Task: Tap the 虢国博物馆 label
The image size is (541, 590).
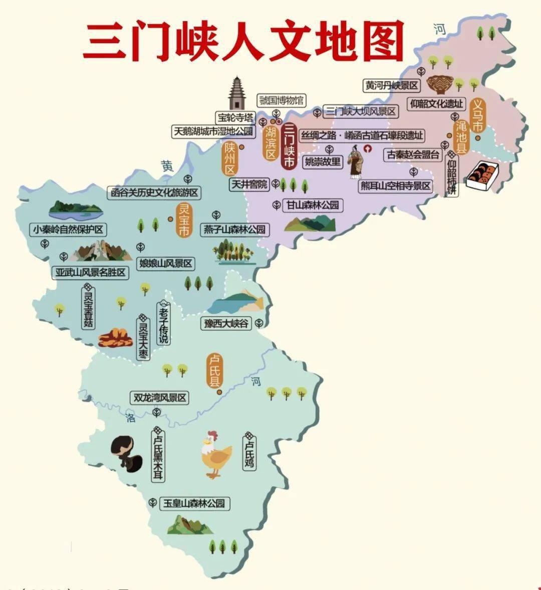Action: (281, 100)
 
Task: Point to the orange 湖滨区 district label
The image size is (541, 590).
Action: (271, 142)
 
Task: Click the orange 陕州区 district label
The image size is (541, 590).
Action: (230, 157)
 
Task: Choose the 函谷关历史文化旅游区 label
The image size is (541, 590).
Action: (154, 192)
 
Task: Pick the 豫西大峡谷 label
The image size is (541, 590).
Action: (226, 323)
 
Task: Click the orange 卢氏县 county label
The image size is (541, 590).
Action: (215, 370)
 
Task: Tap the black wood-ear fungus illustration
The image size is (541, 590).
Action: (126, 453)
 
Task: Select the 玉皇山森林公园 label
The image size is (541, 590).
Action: (194, 503)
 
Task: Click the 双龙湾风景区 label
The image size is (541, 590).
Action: (159, 398)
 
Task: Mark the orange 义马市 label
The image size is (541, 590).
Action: (478, 116)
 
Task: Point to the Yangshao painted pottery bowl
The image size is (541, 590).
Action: (440, 84)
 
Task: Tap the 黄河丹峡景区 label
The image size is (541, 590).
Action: (391, 86)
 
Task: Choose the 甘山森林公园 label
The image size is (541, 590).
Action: (313, 205)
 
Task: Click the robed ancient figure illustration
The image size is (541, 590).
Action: (356, 161)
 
